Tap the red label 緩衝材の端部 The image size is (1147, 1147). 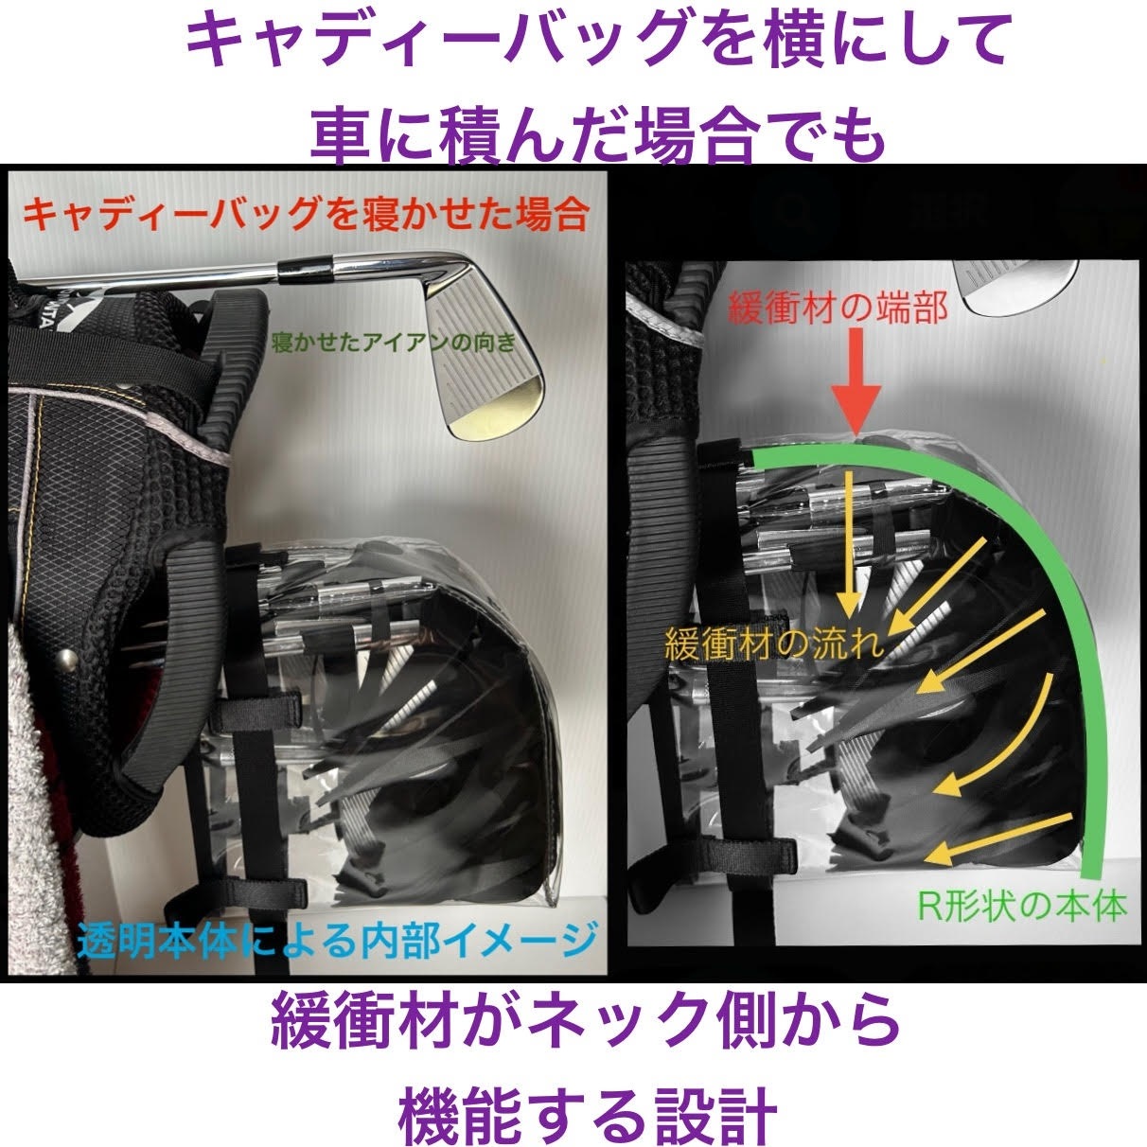pos(838,308)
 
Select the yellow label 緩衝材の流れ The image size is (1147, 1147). pos(774,644)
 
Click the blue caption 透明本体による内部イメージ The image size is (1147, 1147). pos(337,940)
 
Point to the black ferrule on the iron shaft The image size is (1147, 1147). pos(306,271)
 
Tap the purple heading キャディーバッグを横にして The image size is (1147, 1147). pos(597,43)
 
